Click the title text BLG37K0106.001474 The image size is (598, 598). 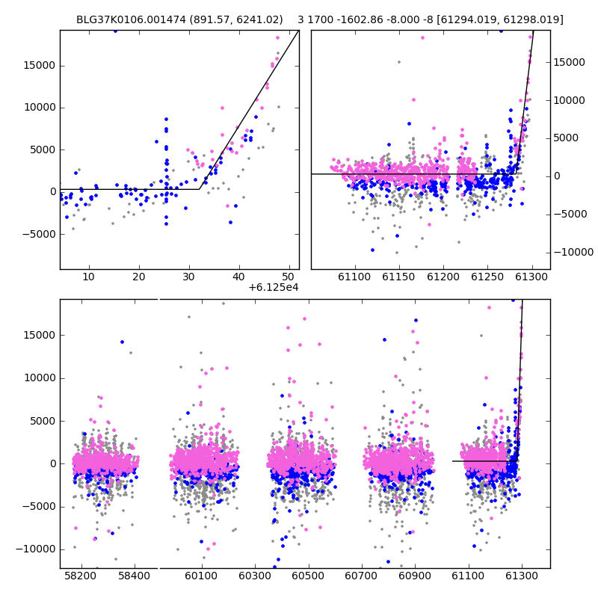132,19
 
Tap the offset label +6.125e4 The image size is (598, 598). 273,287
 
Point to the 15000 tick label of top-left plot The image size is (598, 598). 40,66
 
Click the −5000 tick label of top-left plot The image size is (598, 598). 39,234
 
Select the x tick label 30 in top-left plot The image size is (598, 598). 189,277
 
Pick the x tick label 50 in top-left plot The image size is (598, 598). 289,277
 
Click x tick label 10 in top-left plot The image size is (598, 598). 88,277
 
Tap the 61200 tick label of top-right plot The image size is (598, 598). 443,277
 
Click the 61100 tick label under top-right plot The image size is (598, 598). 354,277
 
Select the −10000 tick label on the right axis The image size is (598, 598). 573,252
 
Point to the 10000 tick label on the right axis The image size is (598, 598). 569,100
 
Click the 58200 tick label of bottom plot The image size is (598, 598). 81,576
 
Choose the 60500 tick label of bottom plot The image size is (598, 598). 308,576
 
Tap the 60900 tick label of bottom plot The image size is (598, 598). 415,576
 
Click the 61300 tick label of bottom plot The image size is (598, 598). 521,576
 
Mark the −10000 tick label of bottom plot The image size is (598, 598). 35,549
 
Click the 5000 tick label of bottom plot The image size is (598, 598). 42,421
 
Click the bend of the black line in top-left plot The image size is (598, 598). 199,189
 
